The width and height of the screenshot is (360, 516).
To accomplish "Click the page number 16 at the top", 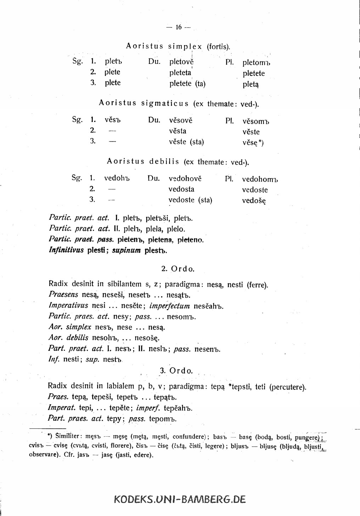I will pos(178,27).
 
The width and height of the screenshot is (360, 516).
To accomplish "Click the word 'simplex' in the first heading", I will pos(185,46).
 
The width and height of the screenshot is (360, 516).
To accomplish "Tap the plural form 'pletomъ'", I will pos(256,63).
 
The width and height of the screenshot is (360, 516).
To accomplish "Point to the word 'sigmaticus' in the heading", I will pos(165,103).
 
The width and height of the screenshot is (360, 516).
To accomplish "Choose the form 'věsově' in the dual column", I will pos(181,120).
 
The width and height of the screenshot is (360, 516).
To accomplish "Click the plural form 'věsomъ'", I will pos(256,122).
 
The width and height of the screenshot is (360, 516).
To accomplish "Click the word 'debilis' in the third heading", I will pos(164,162).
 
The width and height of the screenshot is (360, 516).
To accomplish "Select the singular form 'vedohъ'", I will pos(117,178).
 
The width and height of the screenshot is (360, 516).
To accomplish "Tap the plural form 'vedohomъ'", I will pos(260,179).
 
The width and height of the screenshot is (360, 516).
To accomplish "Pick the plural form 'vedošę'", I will pos(254,201).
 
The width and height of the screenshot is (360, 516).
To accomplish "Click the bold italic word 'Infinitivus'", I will pos(66,250).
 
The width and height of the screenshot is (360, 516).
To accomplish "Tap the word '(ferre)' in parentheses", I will pos(257,284).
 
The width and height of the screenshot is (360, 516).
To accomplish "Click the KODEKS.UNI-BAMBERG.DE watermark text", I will pos(180,499).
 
